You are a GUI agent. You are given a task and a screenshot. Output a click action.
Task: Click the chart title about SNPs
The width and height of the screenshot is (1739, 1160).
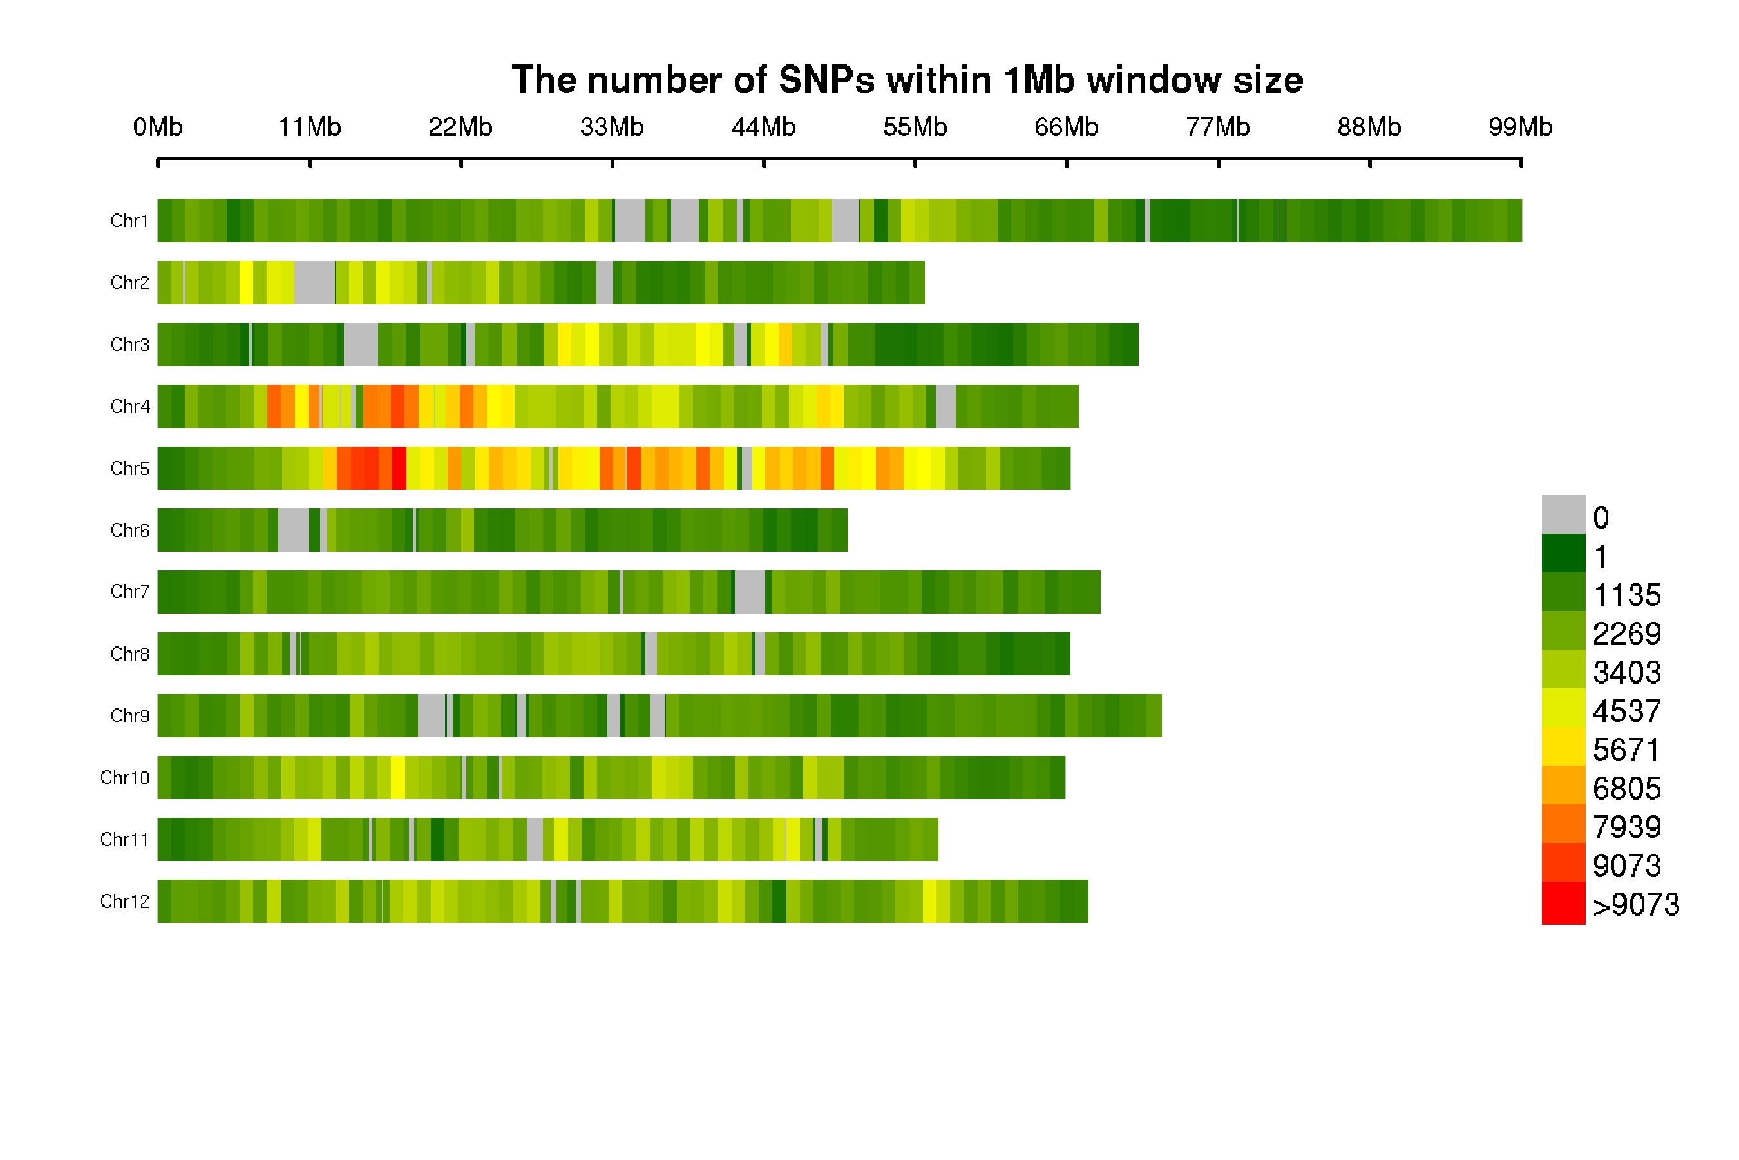908,80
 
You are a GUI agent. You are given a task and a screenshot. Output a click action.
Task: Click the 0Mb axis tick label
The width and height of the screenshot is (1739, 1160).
158,127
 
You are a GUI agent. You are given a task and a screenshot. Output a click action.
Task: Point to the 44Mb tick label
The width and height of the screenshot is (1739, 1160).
764,127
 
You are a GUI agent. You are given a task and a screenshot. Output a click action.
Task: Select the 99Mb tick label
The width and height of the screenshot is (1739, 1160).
1520,127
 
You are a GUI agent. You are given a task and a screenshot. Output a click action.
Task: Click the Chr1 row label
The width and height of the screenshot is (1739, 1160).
129,221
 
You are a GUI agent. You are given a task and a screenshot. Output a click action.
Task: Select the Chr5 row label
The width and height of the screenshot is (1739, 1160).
129,469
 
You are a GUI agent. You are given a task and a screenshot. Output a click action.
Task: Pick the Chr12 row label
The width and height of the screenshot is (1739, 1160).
124,901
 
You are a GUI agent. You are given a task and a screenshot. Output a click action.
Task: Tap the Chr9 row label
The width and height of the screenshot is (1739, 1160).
129,715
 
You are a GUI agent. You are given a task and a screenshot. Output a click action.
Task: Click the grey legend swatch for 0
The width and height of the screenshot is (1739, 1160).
1563,514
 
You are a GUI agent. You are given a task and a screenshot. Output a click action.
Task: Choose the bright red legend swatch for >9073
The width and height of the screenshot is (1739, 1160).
1563,903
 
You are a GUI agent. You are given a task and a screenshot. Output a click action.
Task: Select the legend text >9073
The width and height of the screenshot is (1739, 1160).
1635,905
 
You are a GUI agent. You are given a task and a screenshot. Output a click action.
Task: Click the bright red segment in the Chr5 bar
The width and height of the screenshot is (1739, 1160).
399,469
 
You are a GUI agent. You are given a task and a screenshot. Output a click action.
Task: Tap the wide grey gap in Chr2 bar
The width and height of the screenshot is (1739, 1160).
314,283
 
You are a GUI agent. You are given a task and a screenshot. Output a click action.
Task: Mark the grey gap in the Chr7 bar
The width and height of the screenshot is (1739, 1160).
750,592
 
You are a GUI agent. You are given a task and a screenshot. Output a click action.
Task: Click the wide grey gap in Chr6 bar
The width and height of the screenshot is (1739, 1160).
294,530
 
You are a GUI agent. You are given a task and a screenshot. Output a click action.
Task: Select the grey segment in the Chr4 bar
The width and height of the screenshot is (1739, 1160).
946,406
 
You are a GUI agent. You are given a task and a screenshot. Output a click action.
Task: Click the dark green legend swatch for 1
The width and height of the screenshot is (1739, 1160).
1563,553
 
